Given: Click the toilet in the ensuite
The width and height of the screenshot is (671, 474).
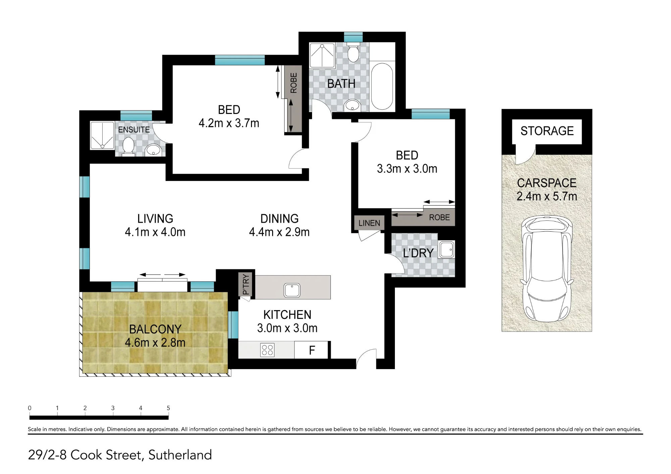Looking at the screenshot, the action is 128,147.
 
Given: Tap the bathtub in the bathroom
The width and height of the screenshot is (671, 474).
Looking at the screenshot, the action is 382,86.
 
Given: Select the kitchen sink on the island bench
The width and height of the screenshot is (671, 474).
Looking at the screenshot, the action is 292,290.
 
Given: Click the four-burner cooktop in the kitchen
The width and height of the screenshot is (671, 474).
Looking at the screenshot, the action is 267,350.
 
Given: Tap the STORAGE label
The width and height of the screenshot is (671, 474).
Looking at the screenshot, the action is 547,131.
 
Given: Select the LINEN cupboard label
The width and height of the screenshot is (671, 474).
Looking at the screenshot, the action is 369,223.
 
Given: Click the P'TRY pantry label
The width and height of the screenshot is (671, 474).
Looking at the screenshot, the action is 246,284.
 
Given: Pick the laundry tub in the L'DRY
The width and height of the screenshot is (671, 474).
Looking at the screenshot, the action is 447,249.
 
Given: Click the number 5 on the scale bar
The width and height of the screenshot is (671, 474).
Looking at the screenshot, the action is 168,408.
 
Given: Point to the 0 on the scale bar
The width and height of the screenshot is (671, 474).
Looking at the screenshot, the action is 30,408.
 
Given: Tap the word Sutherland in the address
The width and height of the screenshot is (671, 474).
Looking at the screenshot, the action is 180,455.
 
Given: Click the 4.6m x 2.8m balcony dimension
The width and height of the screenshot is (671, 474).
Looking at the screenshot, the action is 155,343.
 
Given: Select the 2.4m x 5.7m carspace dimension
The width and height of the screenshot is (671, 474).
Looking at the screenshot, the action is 547,196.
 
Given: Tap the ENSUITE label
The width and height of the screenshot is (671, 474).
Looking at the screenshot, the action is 134,129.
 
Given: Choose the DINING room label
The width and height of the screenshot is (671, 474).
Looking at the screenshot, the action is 279,219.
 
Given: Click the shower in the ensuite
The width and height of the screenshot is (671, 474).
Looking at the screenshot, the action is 102,135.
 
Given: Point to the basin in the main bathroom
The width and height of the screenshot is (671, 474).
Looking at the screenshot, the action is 352,105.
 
